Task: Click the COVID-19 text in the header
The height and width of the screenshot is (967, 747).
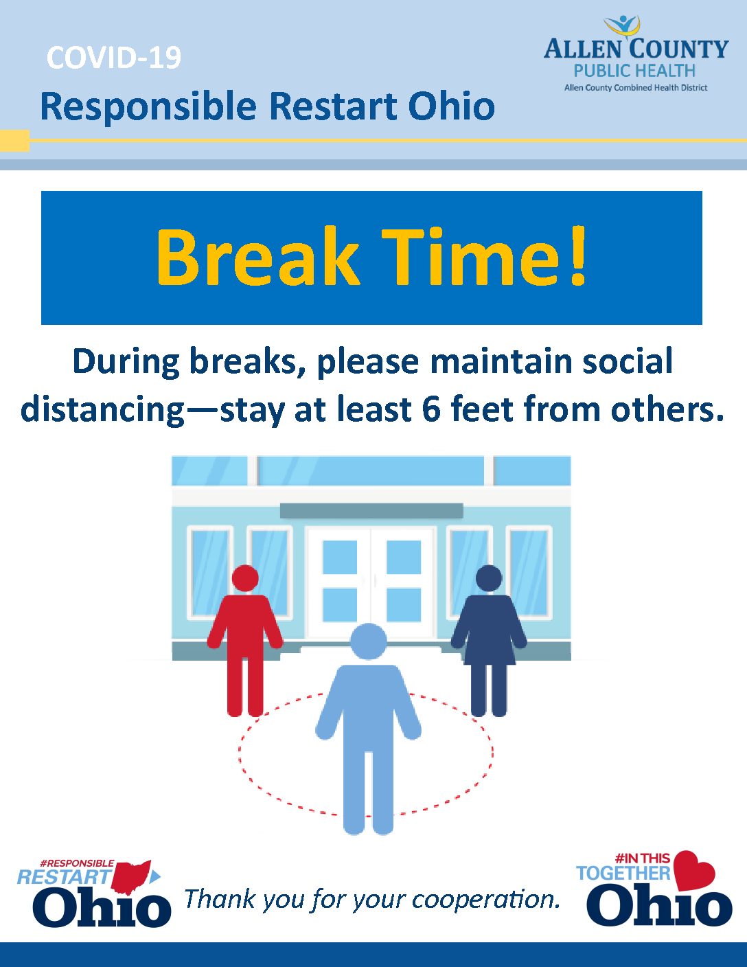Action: [x=113, y=58]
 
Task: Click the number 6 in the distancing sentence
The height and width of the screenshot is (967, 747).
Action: [x=431, y=408]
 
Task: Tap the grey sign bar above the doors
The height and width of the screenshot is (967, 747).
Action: [x=371, y=511]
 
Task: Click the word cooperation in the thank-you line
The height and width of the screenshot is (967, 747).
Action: [x=485, y=900]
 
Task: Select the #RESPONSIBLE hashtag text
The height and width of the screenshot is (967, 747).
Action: [x=77, y=863]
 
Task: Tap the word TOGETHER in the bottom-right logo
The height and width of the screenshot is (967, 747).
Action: [x=623, y=873]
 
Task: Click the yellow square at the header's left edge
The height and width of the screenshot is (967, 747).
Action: [x=14, y=141]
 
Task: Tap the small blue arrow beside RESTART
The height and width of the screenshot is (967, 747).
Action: [x=156, y=877]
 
